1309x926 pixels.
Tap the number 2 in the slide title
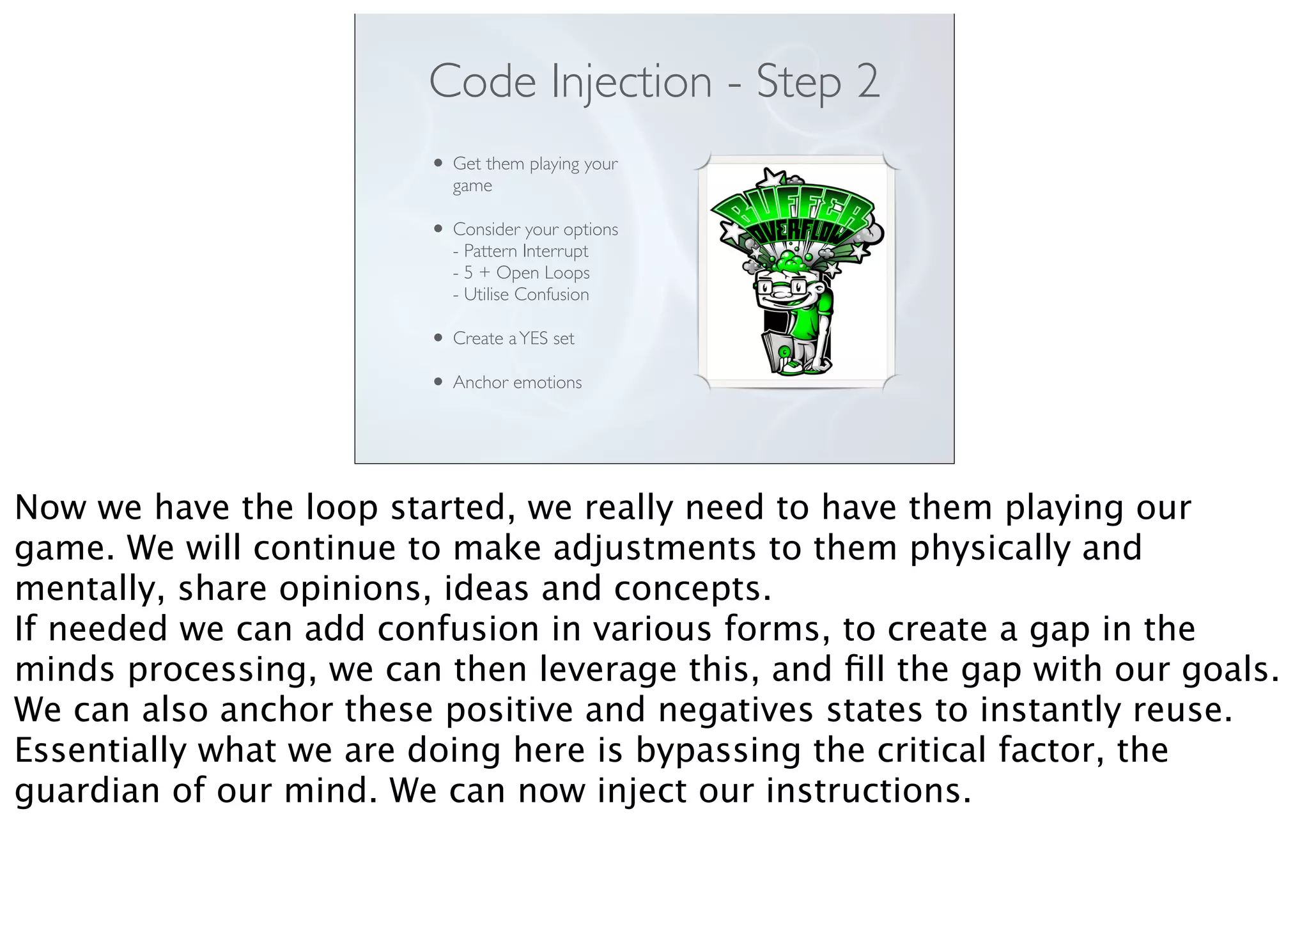click(868, 82)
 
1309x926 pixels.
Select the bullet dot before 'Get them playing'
click(438, 163)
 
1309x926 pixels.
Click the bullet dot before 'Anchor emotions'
click(438, 382)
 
